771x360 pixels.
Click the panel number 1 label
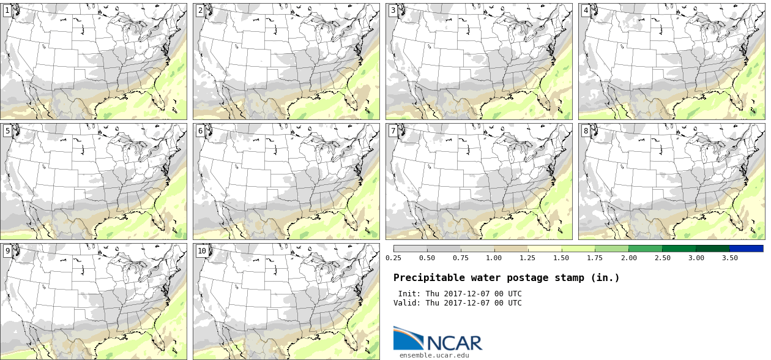point(7,10)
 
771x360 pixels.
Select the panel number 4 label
point(586,10)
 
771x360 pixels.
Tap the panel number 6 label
point(200,131)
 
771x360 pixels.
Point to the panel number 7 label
point(393,131)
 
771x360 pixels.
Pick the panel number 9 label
point(7,251)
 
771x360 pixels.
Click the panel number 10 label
point(202,251)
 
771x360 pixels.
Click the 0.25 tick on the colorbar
point(393,258)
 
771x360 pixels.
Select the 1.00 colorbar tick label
point(494,258)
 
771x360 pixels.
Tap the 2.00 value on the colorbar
point(628,258)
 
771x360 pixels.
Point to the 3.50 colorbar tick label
point(729,258)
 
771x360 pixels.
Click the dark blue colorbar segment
point(746,249)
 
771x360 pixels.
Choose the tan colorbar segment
point(510,249)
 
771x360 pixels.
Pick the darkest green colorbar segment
point(712,249)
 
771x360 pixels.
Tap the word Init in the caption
point(408,294)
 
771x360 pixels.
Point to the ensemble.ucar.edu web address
point(434,355)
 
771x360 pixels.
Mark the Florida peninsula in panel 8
point(734,220)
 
